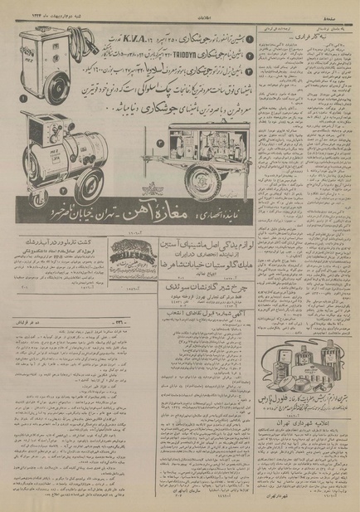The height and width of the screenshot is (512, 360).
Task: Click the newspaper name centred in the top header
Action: point(179,8)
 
